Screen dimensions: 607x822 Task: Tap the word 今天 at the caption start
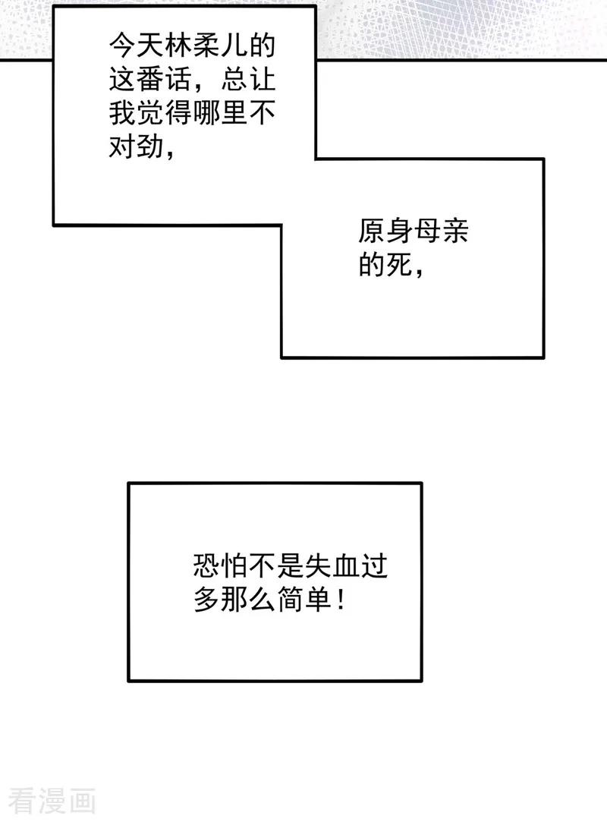tap(137, 47)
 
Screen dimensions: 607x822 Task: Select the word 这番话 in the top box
tap(150, 80)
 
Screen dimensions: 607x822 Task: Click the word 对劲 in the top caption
tap(137, 146)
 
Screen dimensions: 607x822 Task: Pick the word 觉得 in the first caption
tap(164, 112)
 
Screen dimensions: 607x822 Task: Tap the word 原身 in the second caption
tap(385, 231)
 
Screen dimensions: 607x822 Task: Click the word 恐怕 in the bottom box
tap(222, 565)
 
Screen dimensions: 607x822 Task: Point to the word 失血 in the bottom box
tap(332, 565)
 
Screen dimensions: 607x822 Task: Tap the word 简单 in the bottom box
tap(304, 599)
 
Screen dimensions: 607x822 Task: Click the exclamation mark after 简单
tap(341, 599)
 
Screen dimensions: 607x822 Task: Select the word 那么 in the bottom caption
tap(249, 599)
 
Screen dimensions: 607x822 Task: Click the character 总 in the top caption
tap(234, 80)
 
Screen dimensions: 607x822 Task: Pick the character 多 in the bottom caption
tap(208, 599)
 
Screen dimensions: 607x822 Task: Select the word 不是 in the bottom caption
tap(277, 565)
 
